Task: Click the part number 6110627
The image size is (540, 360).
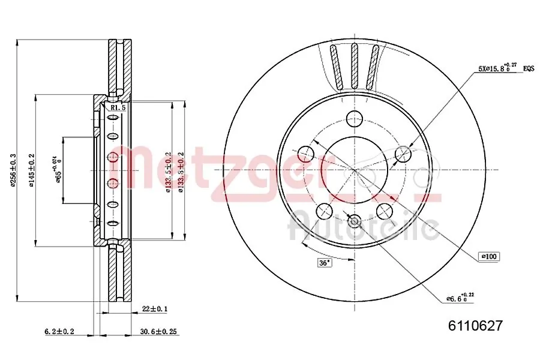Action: (475, 326)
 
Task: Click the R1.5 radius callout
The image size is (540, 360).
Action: (118, 108)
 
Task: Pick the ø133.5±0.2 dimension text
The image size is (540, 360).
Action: (169, 173)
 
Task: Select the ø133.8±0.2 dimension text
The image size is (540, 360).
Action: (179, 173)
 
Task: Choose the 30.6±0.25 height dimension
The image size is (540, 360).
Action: (160, 331)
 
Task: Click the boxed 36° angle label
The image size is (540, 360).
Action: (325, 262)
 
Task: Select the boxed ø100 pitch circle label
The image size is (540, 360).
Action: (489, 256)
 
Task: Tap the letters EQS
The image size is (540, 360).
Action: (528, 69)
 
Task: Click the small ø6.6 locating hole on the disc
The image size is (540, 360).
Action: (355, 221)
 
